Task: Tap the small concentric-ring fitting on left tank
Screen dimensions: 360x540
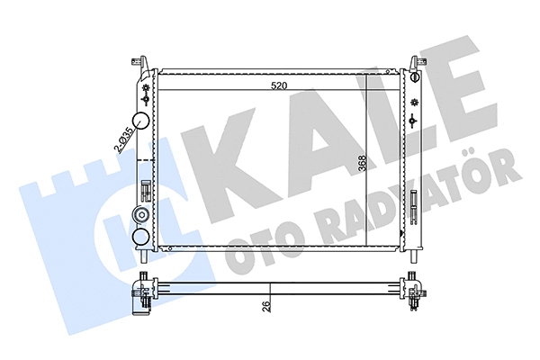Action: (x=141, y=215)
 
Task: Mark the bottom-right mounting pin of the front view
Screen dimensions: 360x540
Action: (x=413, y=252)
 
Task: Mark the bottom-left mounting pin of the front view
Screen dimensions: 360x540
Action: (x=144, y=254)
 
